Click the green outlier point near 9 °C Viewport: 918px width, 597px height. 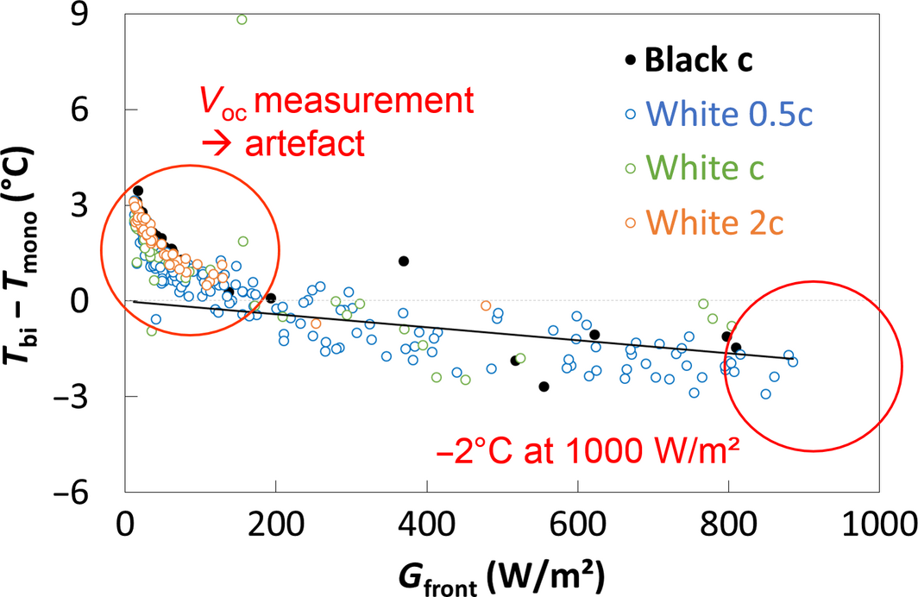click(242, 19)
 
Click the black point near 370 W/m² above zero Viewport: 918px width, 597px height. click(403, 261)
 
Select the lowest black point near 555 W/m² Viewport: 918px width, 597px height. click(544, 386)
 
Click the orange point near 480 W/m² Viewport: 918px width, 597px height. click(486, 305)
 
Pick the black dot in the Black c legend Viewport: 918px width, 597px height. click(631, 60)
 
